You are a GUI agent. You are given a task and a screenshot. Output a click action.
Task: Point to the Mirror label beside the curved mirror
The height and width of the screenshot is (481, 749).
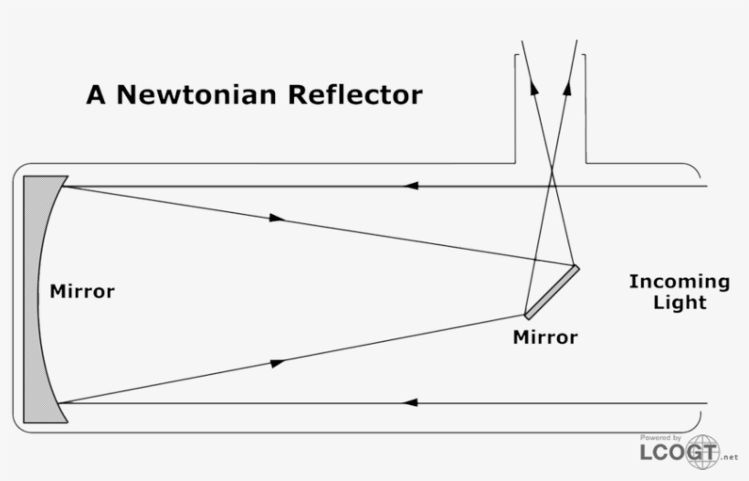[82, 293]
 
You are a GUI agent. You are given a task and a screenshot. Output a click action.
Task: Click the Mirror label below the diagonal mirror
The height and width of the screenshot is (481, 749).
[545, 337]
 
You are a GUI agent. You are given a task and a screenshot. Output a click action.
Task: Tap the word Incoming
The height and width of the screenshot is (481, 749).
[679, 282]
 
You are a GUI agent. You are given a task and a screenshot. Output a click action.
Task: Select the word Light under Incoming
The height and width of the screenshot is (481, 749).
[680, 303]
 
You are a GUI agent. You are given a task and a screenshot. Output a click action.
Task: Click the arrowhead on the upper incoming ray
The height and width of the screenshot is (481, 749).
[412, 186]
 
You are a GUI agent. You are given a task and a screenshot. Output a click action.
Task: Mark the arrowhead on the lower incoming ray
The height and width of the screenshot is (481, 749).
[412, 402]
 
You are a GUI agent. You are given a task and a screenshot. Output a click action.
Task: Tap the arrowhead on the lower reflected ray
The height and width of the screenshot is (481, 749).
[278, 363]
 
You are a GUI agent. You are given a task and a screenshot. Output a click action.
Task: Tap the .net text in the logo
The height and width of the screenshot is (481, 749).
[729, 457]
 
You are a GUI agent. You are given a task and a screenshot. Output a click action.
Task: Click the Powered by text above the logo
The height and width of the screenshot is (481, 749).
[660, 438]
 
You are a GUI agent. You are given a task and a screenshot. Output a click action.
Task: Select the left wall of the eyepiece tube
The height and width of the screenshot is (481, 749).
[516, 110]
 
